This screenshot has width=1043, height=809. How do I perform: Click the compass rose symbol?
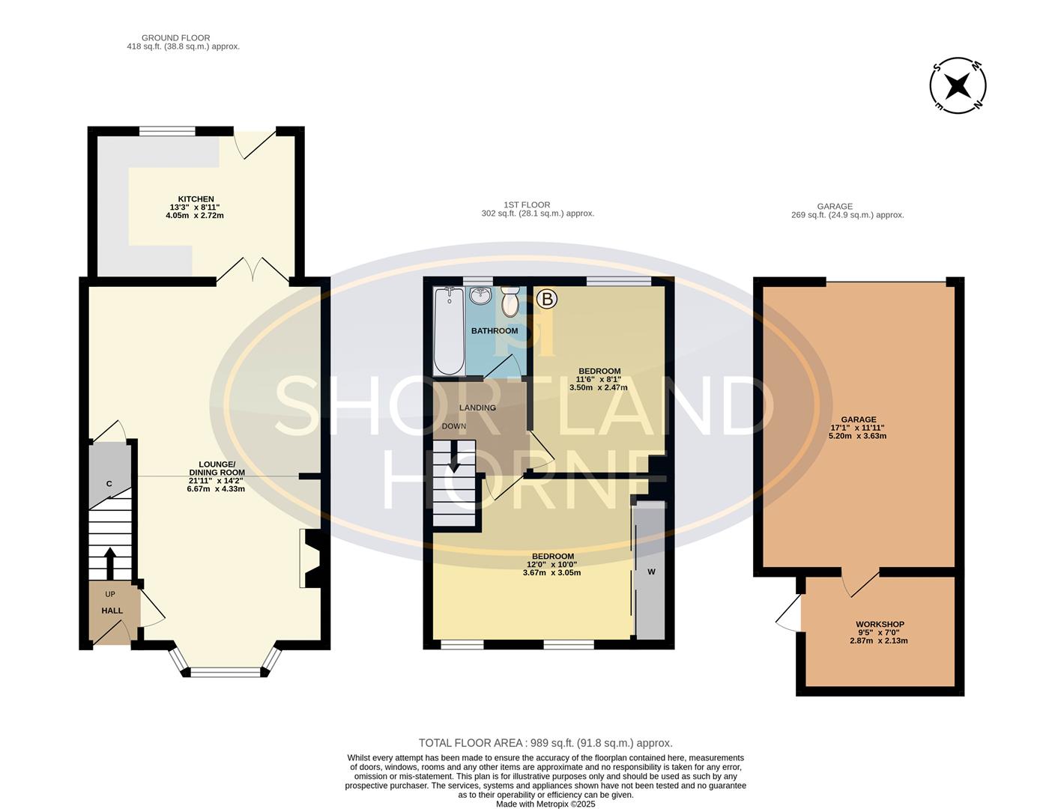coord(958,85)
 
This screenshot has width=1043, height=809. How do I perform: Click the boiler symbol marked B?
coord(547,300)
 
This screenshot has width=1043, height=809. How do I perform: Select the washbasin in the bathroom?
coord(480,297)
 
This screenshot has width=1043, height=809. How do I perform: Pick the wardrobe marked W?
coord(650,572)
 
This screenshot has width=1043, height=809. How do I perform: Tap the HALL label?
coord(112,610)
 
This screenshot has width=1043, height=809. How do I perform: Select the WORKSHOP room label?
coord(880,624)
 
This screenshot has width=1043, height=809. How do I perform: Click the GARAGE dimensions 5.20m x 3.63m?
coord(857,435)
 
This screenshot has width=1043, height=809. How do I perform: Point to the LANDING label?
coord(477,407)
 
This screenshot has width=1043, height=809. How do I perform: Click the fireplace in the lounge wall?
coord(310,559)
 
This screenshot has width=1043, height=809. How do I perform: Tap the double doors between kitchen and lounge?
coord(253,270)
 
